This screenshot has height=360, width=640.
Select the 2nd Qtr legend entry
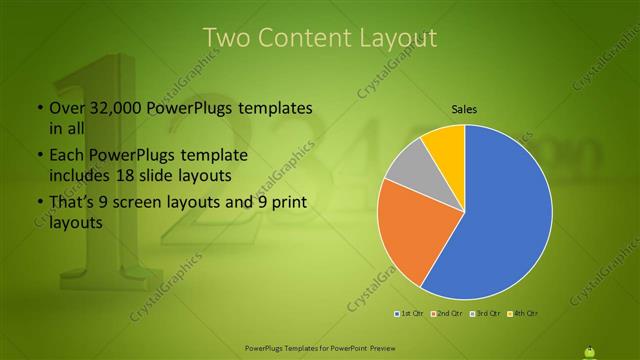click(x=446, y=315)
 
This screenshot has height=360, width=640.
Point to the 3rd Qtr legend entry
click(x=486, y=315)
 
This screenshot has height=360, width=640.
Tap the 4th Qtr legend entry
click(x=524, y=315)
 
